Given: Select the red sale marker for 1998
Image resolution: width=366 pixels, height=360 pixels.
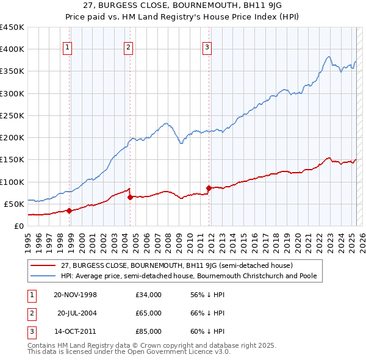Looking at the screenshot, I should pos(70,211).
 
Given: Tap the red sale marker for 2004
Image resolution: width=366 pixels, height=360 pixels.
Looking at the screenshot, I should pos(130,197).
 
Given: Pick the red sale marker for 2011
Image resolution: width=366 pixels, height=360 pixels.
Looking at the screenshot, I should pos(209,188).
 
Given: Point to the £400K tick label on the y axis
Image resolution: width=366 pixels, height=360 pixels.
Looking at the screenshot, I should pos(12,49).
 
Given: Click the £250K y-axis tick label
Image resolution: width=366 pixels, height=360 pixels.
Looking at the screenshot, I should pos(12,115).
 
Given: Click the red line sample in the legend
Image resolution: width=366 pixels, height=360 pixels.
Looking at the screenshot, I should pos(43,265).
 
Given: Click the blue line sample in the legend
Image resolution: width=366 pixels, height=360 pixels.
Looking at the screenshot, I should pos(43,276).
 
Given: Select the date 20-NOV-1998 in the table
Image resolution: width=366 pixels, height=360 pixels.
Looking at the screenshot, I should pos(76,295).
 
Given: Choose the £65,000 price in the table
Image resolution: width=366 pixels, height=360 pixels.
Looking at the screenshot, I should pos(148,313).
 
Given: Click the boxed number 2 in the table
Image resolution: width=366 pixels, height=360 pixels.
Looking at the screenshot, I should pos(30,313).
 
